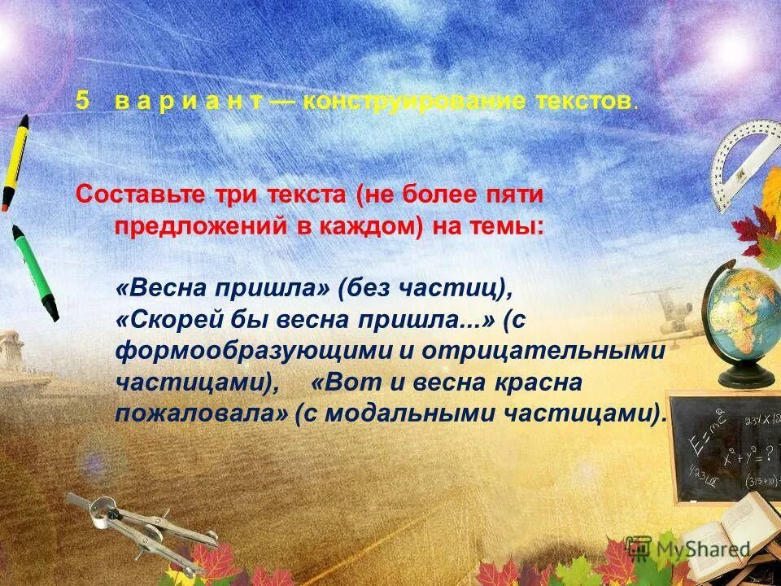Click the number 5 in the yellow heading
(x=81, y=101)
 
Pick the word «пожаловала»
(x=202, y=413)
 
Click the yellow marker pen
(x=14, y=163)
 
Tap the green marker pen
(x=34, y=272)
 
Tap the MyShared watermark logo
(x=687, y=548)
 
